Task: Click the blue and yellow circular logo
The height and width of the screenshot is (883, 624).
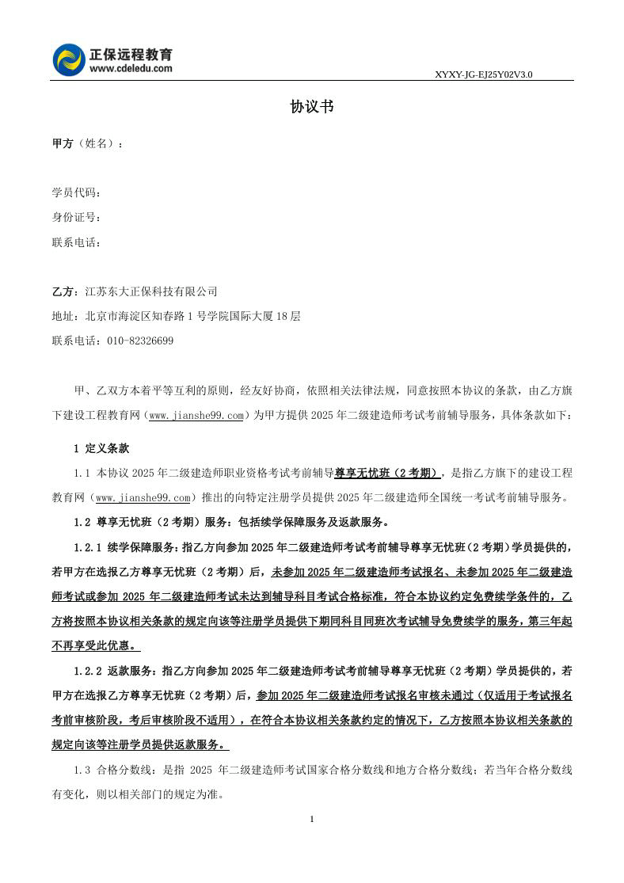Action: [x=69, y=60]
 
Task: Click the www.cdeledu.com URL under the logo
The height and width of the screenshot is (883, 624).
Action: [x=131, y=69]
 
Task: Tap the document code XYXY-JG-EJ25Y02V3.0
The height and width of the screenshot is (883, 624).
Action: [x=483, y=74]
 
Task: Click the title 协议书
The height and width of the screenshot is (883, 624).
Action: [x=312, y=107]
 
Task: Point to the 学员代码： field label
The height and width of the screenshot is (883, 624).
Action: [x=77, y=193]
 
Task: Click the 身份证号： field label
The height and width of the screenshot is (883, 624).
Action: [x=77, y=218]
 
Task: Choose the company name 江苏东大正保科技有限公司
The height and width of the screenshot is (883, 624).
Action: [x=150, y=291]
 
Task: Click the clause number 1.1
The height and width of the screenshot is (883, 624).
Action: [x=82, y=473]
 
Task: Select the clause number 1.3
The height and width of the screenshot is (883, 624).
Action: [x=82, y=770]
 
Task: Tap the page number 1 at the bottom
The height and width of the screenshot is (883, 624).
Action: [x=312, y=819]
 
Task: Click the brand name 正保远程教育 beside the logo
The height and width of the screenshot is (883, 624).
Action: [x=131, y=54]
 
